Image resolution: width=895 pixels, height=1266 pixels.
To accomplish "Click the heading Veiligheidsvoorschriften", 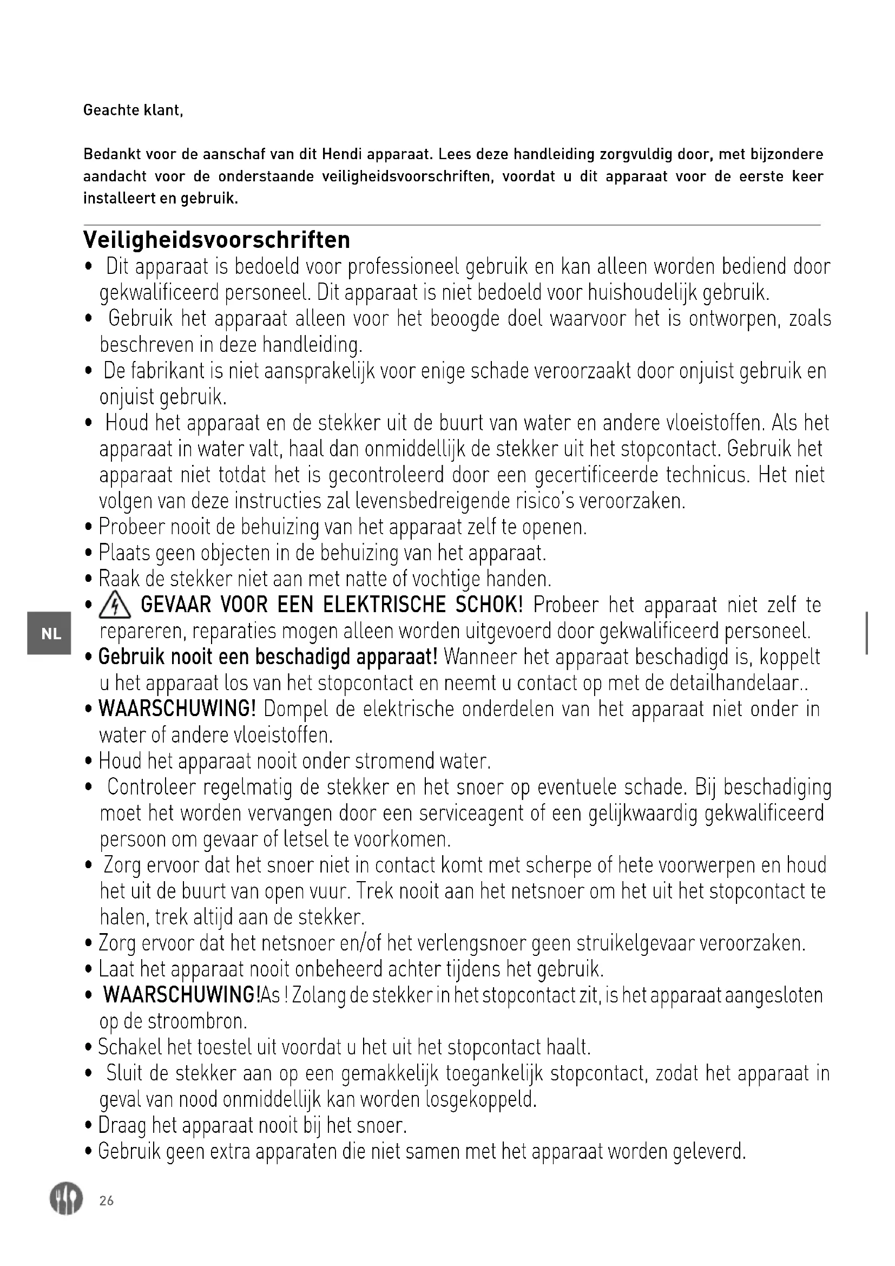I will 216,240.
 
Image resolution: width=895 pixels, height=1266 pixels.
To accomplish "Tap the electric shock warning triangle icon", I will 114,607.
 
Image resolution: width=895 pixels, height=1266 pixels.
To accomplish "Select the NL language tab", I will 51,634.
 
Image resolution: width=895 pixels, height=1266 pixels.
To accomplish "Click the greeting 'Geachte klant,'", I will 133,110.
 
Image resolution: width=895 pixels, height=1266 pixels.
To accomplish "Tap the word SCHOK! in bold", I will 489,606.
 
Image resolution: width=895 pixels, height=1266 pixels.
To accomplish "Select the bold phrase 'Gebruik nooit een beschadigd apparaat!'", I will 268,657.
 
